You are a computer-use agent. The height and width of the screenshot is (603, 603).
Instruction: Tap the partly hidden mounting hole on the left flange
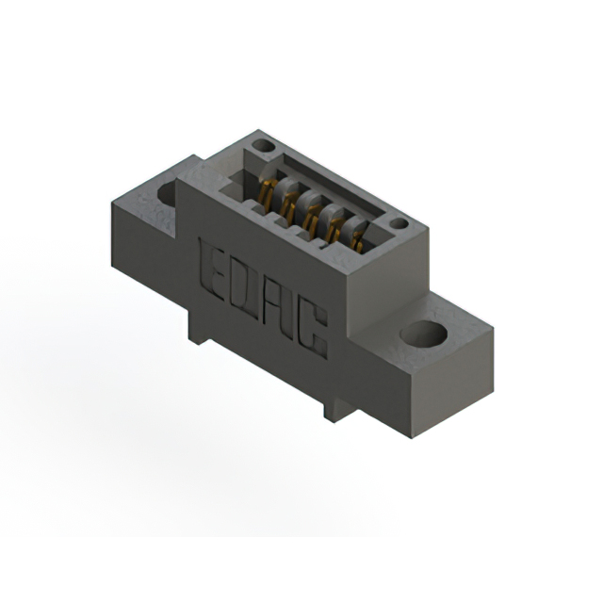[x=169, y=194]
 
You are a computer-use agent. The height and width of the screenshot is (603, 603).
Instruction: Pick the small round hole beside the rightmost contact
[x=399, y=224]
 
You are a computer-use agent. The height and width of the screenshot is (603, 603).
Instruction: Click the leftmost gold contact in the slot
[x=267, y=190]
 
